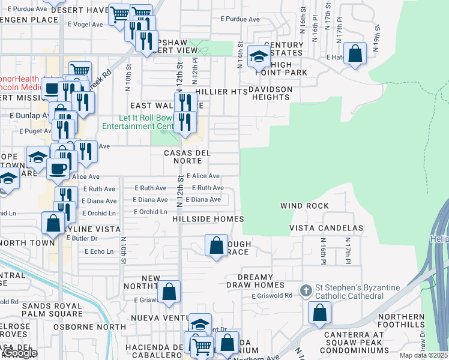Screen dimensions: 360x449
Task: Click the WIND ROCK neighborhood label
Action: [304, 206]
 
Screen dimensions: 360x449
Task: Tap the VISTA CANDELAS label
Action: [326, 229]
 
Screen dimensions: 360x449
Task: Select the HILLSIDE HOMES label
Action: [208, 220]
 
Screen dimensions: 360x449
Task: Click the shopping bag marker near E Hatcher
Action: [355, 53]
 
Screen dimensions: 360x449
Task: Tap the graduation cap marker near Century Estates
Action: [259, 57]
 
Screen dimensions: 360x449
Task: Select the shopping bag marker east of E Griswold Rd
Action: [320, 312]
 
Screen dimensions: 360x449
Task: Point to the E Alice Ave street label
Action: [203, 176]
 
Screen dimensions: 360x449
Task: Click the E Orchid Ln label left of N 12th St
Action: [150, 212]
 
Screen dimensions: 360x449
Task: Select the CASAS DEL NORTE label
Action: [187, 157]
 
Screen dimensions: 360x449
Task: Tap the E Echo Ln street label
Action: [101, 251]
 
